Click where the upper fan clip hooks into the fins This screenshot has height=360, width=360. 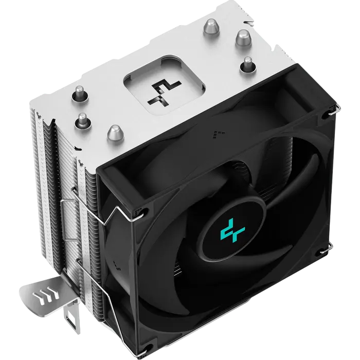point(77,188)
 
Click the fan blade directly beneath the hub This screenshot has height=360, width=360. point(226,288)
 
